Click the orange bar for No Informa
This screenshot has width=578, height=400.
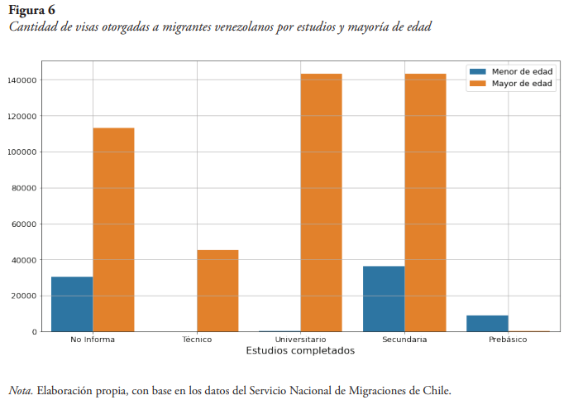(x=113, y=229)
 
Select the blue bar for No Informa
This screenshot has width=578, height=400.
(x=72, y=304)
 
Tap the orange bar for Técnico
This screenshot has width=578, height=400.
(x=217, y=291)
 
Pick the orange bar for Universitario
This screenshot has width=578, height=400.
(x=321, y=203)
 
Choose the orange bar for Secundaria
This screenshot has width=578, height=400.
(x=425, y=203)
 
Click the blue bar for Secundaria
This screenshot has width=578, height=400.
(x=384, y=299)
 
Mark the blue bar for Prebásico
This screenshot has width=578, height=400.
(x=487, y=323)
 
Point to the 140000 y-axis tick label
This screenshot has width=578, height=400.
(x=21, y=80)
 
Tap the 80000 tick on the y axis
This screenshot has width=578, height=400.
(x=23, y=188)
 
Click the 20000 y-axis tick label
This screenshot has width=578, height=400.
(x=23, y=296)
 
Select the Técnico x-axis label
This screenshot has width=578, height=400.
(x=197, y=340)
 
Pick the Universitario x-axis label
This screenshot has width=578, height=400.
(x=300, y=340)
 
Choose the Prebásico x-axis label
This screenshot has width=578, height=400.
(x=508, y=340)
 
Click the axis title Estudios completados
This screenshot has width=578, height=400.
(x=300, y=351)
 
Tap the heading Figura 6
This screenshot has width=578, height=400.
(x=31, y=10)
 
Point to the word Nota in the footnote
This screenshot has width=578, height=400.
(x=20, y=389)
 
